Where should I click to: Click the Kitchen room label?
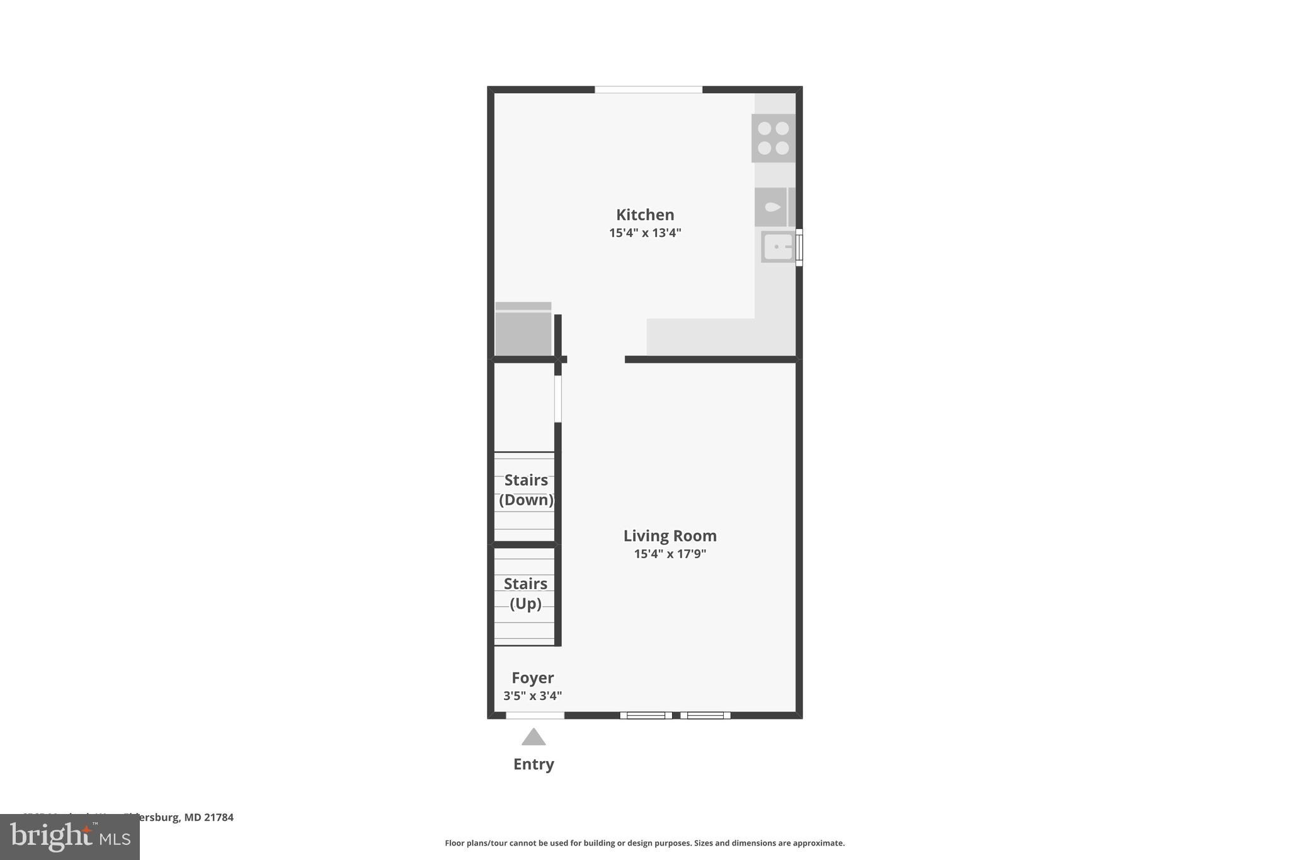(645, 215)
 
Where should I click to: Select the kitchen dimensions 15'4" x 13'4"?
(645, 233)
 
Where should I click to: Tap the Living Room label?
(670, 536)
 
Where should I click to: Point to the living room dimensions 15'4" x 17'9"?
(670, 554)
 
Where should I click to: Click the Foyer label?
(532, 678)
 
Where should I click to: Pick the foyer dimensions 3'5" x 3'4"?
(532, 696)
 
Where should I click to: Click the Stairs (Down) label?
(526, 490)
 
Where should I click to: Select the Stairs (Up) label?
(525, 593)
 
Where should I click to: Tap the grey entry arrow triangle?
(534, 737)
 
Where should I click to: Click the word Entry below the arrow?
(534, 764)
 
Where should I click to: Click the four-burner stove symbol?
(773, 138)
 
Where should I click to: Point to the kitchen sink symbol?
(778, 247)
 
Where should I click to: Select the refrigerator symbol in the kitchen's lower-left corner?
(523, 330)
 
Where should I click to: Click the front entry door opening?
(535, 715)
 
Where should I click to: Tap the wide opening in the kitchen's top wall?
(648, 89)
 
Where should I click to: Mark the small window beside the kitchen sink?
(799, 247)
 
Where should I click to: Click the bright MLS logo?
(70, 837)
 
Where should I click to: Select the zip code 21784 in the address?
(219, 818)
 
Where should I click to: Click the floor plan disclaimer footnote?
(644, 843)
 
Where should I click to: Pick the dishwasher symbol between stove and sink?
(771, 207)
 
